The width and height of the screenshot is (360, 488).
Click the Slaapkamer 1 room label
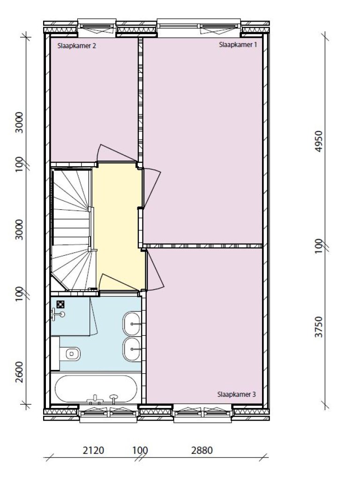click(238, 44)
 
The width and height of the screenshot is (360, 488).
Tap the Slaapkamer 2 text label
click(76, 46)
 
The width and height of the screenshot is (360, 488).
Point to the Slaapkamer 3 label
click(236, 394)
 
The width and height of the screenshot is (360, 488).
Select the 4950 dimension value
click(319, 141)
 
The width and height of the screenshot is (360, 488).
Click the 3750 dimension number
click(319, 327)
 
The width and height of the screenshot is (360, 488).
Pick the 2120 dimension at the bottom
click(93, 450)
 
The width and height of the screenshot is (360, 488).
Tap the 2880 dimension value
click(202, 450)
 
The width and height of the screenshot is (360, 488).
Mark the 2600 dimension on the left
click(19, 372)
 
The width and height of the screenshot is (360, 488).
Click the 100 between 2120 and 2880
click(140, 450)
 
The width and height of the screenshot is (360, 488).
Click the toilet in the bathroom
click(70, 354)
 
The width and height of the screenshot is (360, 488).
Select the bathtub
click(96, 389)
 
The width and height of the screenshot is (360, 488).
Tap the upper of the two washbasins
click(132, 324)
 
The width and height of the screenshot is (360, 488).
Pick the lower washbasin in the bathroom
click(132, 349)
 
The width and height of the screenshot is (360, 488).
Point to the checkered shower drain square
click(61, 304)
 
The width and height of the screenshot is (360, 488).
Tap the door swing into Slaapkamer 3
click(155, 269)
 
